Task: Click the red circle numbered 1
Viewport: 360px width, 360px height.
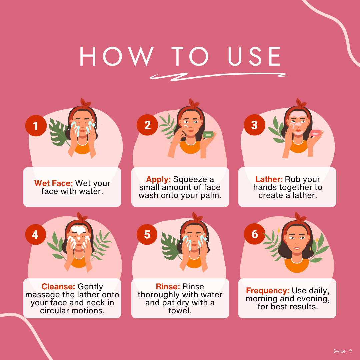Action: pos(36,126)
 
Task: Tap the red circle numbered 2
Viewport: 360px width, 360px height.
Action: pos(147,125)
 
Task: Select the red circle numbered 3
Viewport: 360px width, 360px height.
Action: pos(254,125)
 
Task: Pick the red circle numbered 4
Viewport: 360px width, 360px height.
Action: pos(36,234)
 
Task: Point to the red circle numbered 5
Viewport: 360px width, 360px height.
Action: pos(147,234)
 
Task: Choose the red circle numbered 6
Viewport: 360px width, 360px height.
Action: pos(254,234)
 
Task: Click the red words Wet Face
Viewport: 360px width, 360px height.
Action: pos(53,183)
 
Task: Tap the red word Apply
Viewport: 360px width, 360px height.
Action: pos(158,179)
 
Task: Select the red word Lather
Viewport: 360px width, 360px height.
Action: pos(269,179)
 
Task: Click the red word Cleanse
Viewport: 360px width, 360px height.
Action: pos(58,287)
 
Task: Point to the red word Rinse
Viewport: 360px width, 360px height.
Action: pos(168,287)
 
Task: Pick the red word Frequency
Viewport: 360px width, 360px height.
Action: pos(268,291)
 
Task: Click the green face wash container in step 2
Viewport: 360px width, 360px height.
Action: pos(208,135)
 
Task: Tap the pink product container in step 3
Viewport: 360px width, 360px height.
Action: pos(315,133)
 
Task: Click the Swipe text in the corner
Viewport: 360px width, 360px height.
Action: pos(339,351)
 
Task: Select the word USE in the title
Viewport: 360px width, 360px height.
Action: pos(254,56)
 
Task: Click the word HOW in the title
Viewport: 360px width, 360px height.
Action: pos(117,56)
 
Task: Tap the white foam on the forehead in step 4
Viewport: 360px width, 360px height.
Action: pos(78,230)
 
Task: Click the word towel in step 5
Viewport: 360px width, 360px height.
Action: pos(180,311)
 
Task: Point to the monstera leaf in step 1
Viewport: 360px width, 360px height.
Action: pos(59,132)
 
